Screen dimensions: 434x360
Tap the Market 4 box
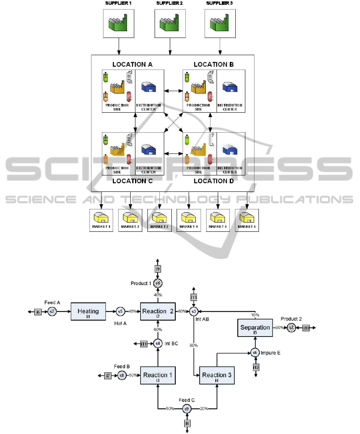click(x=189, y=220)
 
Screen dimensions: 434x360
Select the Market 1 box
click(x=101, y=220)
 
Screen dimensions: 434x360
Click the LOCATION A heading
click(x=133, y=64)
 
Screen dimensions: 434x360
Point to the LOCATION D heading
click(x=214, y=181)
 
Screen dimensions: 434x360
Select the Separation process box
click(x=255, y=328)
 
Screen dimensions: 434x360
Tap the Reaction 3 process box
click(x=217, y=375)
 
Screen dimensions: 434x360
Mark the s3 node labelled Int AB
click(x=194, y=311)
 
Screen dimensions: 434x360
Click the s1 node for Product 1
click(x=158, y=284)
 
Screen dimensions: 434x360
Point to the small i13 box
click(x=194, y=297)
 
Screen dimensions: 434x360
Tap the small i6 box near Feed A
click(x=38, y=312)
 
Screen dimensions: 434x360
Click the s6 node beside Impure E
click(x=255, y=352)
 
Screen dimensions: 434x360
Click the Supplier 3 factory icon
click(x=220, y=24)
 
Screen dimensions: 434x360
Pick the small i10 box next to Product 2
click(x=306, y=328)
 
